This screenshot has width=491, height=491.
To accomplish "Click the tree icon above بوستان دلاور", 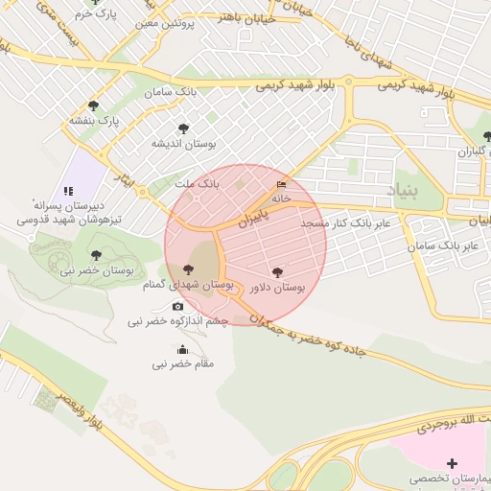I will pos(278,272).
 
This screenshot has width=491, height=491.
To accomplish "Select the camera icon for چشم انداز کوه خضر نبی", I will pos(177,307).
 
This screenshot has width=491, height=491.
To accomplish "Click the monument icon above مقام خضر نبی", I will pos(183,350).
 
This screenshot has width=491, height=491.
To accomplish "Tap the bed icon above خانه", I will pos(281,184).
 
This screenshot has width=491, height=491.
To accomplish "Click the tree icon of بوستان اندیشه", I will pos(183,128).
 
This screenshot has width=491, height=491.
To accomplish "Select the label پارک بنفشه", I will pos(93,121).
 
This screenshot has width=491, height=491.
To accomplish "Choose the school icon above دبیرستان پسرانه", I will pos(68,192).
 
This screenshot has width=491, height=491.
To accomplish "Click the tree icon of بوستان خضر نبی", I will pos(95,255).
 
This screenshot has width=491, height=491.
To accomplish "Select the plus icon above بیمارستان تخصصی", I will pos(453,463).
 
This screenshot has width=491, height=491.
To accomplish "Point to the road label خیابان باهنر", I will pos(246,17).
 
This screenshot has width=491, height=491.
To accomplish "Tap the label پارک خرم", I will pos(95,15).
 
